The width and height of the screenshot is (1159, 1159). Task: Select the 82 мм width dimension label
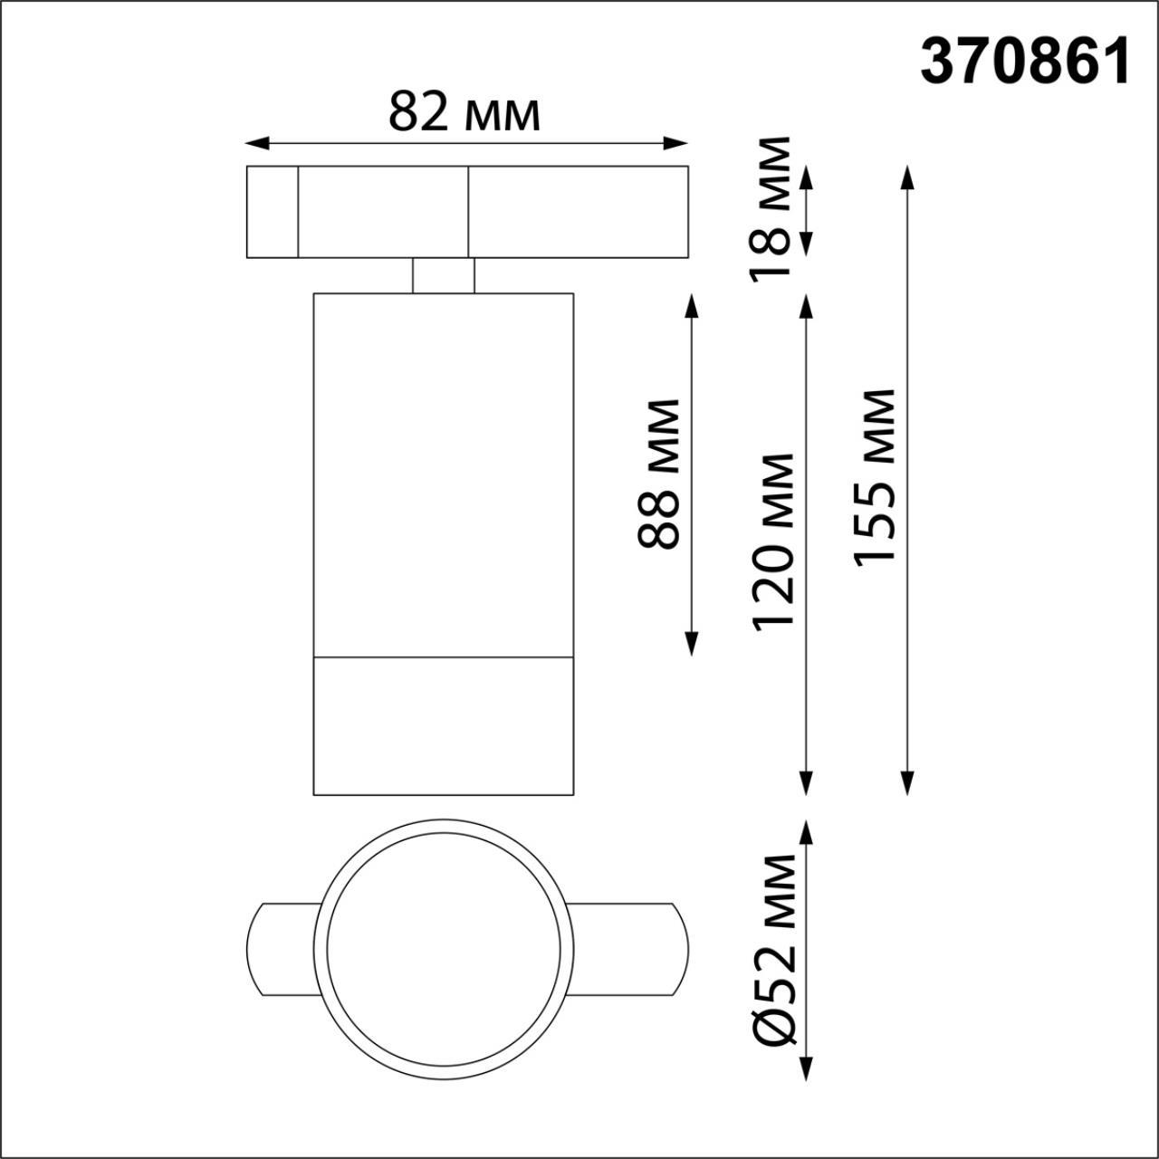pyautogui.click(x=465, y=112)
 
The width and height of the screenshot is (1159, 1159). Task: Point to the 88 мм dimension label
pyautogui.click(x=659, y=474)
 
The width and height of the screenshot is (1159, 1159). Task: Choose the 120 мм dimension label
pyautogui.click(x=773, y=541)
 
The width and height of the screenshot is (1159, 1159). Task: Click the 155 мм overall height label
pyautogui.click(x=875, y=477)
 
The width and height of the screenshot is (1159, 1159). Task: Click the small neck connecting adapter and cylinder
pyautogui.click(x=443, y=275)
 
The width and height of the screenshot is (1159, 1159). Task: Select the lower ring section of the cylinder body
pyautogui.click(x=444, y=725)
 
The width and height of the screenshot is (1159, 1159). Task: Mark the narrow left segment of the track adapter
pyautogui.click(x=273, y=212)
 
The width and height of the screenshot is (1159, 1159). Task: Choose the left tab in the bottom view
pyautogui.click(x=281, y=949)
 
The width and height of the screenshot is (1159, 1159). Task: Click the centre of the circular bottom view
pyautogui.click(x=444, y=949)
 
